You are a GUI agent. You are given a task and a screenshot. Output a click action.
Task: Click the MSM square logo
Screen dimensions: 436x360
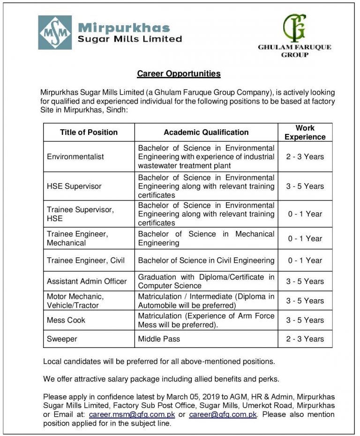pyautogui.click(x=55, y=33)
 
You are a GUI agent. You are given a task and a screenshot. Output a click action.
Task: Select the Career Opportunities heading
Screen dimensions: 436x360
pyautogui.click(x=179, y=74)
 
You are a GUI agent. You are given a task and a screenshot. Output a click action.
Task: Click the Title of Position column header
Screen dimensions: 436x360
pyautogui.click(x=89, y=133)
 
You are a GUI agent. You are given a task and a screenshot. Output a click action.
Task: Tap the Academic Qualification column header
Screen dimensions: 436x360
pyautogui.click(x=206, y=133)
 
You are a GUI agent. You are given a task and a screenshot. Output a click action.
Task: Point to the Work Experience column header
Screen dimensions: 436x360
pyautogui.click(x=305, y=133)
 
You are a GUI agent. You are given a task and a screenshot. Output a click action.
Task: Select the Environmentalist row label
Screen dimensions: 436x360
pyautogui.click(x=75, y=157)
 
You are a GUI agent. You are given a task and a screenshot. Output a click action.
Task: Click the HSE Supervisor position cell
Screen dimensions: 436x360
pyautogui.click(x=74, y=186)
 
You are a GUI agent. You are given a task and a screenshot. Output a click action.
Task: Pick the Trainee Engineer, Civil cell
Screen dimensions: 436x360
pyautogui.click(x=86, y=260)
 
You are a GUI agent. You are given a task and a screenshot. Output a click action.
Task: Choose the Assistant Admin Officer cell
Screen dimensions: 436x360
pyautogui.click(x=87, y=281)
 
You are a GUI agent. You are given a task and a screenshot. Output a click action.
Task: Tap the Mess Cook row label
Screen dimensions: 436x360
pyautogui.click(x=66, y=320)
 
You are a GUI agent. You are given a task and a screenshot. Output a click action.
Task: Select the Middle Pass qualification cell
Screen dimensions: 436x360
pyautogui.click(x=159, y=339)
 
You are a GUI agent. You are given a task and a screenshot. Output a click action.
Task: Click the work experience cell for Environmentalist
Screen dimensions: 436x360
pyautogui.click(x=305, y=157)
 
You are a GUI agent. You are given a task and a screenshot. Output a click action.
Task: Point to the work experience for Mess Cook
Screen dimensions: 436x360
pyautogui.click(x=305, y=320)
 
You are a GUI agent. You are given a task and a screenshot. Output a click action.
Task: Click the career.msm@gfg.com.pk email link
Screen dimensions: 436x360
pyautogui.click(x=132, y=415)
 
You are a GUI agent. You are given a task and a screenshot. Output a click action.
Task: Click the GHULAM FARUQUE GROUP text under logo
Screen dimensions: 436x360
pyautogui.click(x=294, y=51)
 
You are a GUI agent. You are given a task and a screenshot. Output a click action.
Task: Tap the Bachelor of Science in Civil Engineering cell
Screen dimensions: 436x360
pyautogui.click(x=206, y=260)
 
